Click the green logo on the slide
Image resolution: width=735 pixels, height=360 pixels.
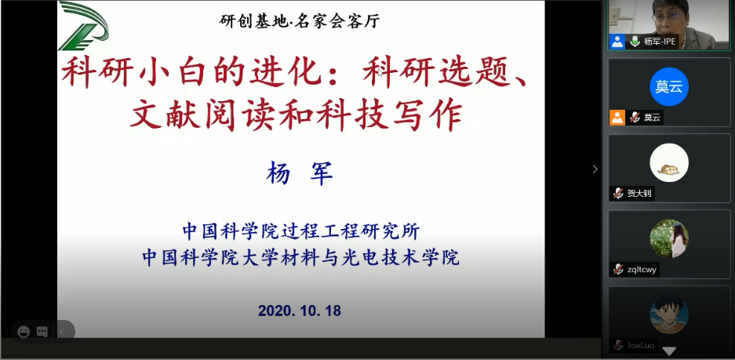coord(83,25)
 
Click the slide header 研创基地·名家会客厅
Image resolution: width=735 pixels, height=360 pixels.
coord(299,21)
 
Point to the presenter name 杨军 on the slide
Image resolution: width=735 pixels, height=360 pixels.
coord(300,173)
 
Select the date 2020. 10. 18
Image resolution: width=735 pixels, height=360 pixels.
coord(299,311)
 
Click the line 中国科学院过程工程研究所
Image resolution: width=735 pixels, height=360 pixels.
coord(301,231)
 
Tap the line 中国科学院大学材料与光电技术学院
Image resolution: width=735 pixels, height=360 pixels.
coord(301,257)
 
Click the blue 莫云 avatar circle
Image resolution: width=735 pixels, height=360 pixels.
coord(669,87)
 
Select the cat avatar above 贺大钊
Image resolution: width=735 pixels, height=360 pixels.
coord(669,162)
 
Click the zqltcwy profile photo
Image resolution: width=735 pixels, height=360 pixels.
coord(669,238)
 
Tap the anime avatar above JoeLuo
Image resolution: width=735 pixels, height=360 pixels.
coord(669,315)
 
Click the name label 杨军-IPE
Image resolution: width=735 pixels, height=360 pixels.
coord(660,42)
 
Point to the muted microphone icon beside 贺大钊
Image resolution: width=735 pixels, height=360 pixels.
coord(618,193)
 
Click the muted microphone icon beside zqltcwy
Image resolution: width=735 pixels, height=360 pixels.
coord(618,269)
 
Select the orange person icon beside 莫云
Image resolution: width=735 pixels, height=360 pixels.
coord(617,117)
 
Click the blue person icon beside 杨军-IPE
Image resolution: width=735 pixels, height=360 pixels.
coord(617,42)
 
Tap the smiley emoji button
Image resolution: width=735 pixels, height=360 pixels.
coord(24,332)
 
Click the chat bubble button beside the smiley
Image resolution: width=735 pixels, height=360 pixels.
coord(42,332)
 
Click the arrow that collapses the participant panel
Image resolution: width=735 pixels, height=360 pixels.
coord(595,169)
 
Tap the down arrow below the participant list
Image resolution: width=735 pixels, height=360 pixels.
coord(669,351)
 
